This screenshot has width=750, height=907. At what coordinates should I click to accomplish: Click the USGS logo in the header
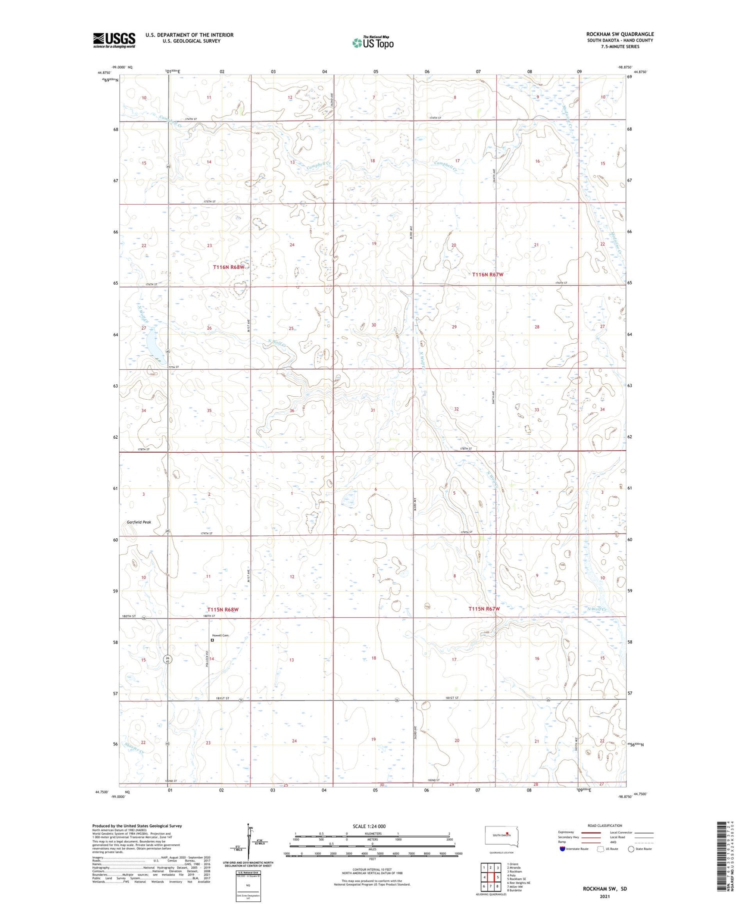[114, 40]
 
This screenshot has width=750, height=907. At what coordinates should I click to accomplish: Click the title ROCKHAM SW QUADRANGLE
[620, 34]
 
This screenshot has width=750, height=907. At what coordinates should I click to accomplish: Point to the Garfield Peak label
[138, 522]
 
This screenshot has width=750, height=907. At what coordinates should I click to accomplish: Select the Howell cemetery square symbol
[212, 640]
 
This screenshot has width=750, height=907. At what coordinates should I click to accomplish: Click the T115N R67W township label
[484, 609]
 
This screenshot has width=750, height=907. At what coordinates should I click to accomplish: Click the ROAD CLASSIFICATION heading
[605, 825]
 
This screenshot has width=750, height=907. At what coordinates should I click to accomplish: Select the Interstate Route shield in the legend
[562, 848]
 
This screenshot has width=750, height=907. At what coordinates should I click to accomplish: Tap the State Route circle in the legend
[631, 848]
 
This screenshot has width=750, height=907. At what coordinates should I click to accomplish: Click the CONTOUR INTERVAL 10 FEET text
[371, 869]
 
